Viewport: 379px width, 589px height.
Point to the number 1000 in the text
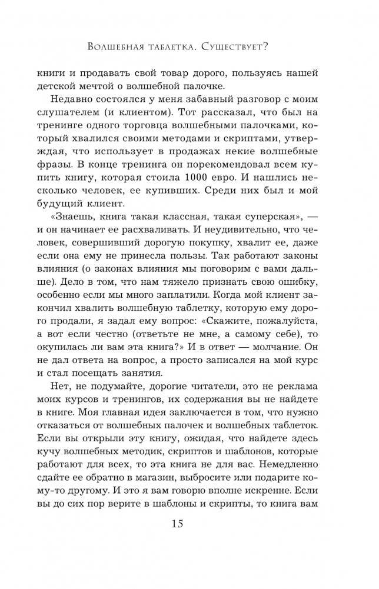pos(221,175)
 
